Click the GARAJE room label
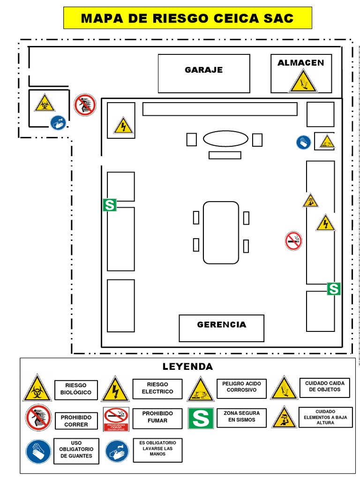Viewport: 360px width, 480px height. [x=203, y=70]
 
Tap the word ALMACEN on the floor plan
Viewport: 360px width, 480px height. [x=300, y=63]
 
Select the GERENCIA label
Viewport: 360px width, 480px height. [x=221, y=324]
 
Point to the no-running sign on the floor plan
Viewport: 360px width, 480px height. [x=85, y=105]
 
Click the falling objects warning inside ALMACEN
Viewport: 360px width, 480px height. [x=302, y=82]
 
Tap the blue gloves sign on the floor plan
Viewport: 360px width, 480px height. [x=303, y=142]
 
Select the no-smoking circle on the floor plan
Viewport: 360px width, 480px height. [x=293, y=241]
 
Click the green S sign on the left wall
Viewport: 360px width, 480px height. [x=110, y=205]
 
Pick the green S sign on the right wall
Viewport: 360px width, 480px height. [x=333, y=289]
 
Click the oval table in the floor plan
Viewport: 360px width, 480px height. [x=219, y=139]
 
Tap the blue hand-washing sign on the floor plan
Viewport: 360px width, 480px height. [x=58, y=122]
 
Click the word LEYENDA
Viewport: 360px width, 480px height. [x=187, y=367]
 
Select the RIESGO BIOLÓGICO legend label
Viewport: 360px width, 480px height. [x=76, y=389]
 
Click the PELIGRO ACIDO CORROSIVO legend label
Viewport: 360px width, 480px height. [x=241, y=387]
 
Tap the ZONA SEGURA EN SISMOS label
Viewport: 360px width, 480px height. [x=241, y=417]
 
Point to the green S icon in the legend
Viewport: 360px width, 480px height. [x=201, y=418]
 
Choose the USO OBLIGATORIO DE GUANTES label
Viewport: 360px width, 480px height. [x=76, y=450]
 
